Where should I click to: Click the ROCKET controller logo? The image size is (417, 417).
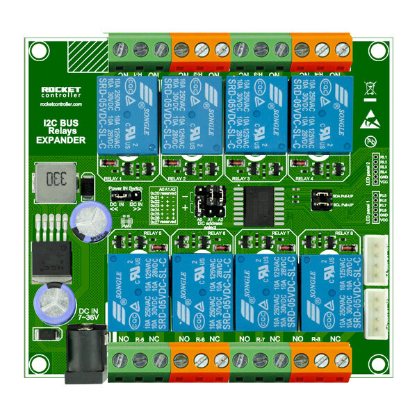point(62,93)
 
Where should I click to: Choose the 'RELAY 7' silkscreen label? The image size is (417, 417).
point(279,234)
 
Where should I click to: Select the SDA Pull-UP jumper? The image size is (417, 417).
point(321,197)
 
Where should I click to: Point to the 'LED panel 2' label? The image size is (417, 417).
point(368,171)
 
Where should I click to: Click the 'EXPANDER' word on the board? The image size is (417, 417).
point(60,140)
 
